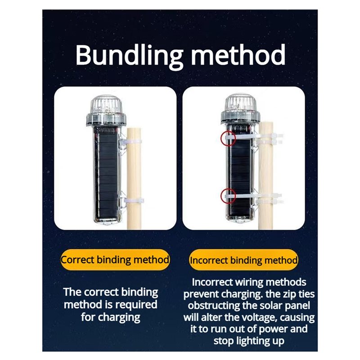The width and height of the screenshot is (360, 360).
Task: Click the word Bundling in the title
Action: [129, 56]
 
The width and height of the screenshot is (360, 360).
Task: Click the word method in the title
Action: [238, 54]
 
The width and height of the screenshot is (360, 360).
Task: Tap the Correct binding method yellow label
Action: [115, 260]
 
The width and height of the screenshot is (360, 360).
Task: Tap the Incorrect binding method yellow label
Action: [243, 260]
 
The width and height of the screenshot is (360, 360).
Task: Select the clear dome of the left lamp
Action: [106, 105]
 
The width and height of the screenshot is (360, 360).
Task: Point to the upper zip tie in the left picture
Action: [133, 142]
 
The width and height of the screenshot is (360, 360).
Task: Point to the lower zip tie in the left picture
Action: [134, 200]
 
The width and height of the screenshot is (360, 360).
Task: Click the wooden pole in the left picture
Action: [134, 179]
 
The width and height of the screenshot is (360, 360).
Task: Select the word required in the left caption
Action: [136, 305]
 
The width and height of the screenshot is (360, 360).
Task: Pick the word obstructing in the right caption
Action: [213, 306]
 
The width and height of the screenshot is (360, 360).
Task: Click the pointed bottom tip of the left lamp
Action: [106, 224]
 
